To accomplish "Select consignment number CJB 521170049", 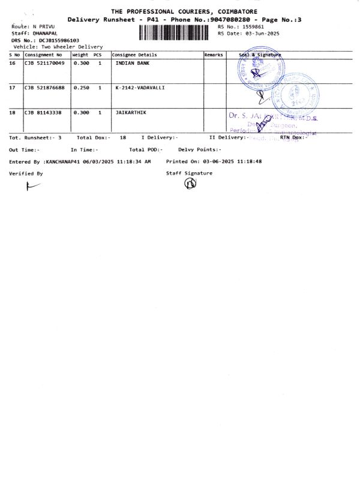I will (44, 62).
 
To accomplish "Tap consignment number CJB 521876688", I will (44, 88).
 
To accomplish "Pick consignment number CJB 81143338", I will (43, 112).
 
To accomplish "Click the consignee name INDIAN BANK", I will (132, 62).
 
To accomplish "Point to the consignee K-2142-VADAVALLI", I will (140, 88).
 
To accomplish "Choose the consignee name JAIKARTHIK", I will (131, 112).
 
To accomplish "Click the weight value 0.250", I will (81, 88).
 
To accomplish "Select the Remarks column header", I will (214, 55).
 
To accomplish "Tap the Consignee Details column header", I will (134, 55).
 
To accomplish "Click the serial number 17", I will (13, 88).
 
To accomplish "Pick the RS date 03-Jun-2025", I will (258, 34).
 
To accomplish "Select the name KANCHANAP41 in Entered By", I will (65, 162).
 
